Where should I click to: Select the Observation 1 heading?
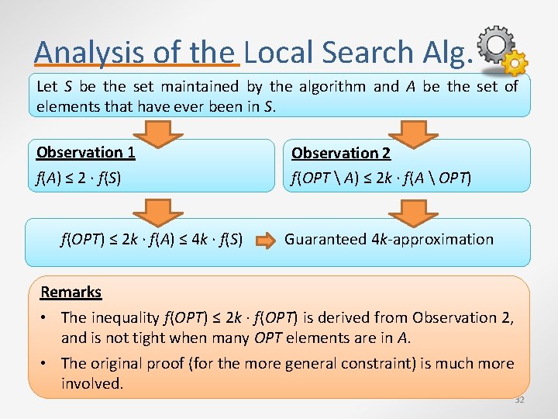[85, 152]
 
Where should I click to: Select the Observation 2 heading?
[341, 154]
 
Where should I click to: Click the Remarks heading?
[71, 292]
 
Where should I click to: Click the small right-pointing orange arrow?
[265, 240]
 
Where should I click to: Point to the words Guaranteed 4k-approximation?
[388, 239]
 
